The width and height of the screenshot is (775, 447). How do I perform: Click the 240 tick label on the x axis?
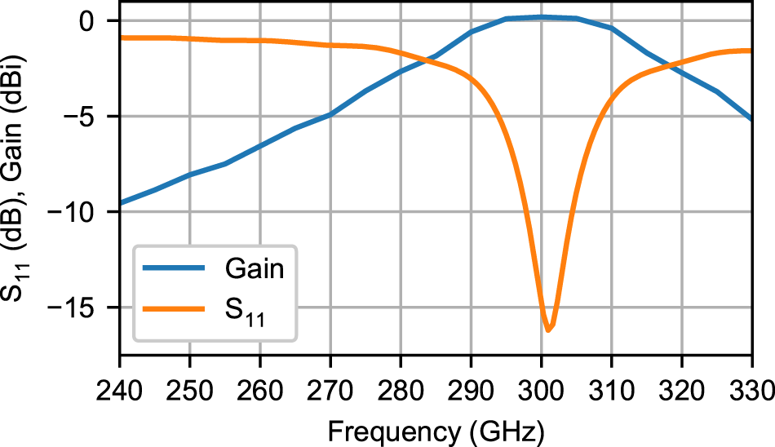coord(120,383)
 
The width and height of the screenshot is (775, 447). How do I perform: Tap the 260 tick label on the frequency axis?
coord(260,383)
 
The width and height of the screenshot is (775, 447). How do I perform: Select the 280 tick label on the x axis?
coord(401,383)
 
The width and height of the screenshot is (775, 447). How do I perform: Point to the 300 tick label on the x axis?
coord(541,383)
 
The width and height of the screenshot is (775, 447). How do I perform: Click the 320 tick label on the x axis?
coord(681,383)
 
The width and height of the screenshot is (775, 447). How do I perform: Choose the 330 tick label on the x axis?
coord(750,383)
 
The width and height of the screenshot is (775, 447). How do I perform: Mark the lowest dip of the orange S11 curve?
coord(548,330)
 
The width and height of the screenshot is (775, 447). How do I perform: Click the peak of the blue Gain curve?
coord(541,17)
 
